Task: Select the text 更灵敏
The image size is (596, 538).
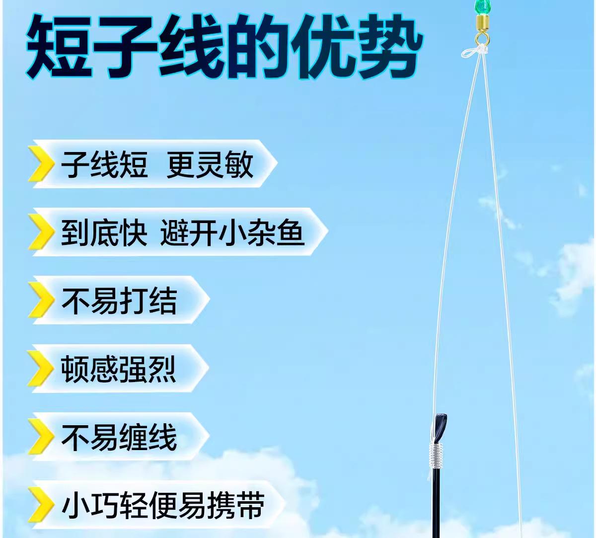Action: point(210,164)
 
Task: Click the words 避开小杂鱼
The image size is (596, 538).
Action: point(232,233)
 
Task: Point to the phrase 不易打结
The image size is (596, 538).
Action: point(119,301)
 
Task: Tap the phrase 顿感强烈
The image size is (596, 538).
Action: point(119,369)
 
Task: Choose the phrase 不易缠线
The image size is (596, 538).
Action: point(119,438)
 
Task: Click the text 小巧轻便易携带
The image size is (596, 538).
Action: point(163,506)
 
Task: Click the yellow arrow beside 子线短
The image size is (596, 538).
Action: point(42,164)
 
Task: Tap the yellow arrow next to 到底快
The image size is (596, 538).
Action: point(42,232)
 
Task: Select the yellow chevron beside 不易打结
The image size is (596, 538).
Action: point(42,300)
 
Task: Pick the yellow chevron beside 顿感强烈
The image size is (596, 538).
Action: point(42,369)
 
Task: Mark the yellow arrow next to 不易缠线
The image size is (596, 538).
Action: point(42,437)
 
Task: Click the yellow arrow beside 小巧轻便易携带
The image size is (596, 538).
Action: point(42,505)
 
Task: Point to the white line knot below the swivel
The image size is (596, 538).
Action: point(475,51)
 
